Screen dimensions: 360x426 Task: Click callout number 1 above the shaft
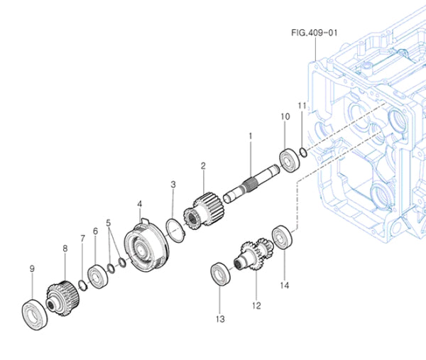tap(250, 134)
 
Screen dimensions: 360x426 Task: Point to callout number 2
tap(202, 166)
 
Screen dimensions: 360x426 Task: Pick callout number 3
tap(173, 185)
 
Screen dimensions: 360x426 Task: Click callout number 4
tap(139, 204)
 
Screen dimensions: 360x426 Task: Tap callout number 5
tap(109, 222)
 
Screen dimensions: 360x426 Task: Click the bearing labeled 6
tap(96, 275)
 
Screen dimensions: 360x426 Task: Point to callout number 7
tap(82, 239)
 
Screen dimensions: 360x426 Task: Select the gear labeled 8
tap(62, 293)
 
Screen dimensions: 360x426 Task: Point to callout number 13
tap(220, 319)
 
